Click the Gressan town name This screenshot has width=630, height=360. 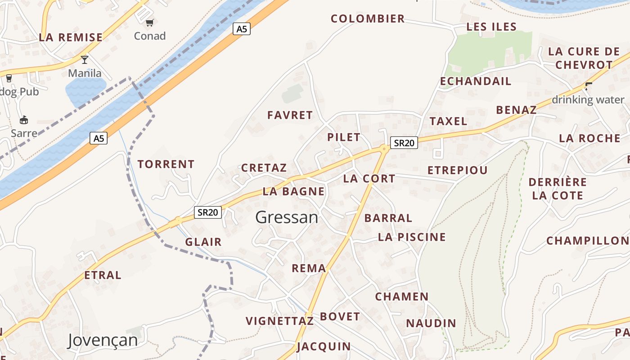coord(287,217)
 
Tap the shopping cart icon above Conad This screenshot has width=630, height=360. coord(150,22)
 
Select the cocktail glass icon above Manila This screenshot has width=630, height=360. coord(84,59)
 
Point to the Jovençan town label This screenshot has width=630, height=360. coord(103,340)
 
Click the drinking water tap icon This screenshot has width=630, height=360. coord(588,86)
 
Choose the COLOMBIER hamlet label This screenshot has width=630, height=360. coord(368,19)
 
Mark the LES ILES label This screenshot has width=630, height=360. coord(491,27)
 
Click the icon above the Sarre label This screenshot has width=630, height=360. coord(24,120)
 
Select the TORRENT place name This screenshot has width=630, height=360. coord(166,164)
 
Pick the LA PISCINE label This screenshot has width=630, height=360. coord(412,237)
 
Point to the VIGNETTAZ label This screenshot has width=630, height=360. coord(279,321)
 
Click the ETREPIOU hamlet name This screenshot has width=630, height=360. coord(457,171)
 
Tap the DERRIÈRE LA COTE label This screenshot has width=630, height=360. coord(558,189)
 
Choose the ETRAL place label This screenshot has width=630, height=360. coord(103,275)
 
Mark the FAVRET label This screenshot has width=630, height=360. coord(290,115)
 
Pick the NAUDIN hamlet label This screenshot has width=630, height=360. coord(431,323)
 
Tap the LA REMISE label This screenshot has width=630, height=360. coord(71,37)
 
